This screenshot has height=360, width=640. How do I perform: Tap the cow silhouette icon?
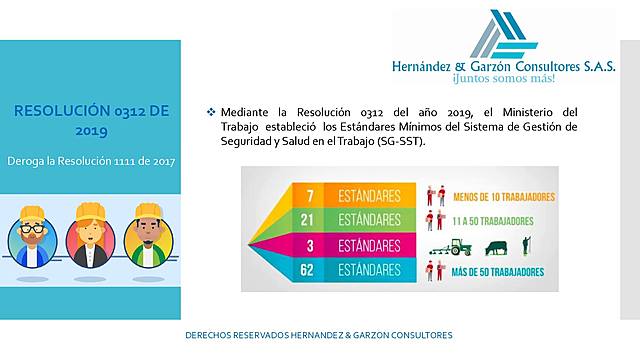(496, 246)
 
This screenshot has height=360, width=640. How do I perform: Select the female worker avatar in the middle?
(88, 236)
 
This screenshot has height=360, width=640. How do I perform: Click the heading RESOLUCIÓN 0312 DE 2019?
(91, 119)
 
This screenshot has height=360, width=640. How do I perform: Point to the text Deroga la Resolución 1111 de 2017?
(91, 160)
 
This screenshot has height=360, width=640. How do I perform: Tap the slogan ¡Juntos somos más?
(503, 77)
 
